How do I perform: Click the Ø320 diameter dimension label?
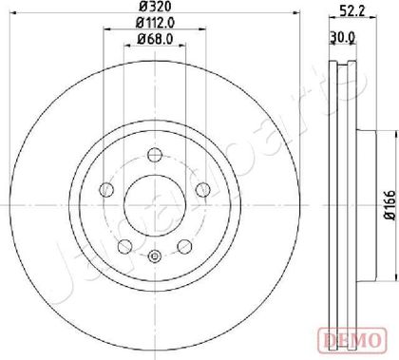[155, 6]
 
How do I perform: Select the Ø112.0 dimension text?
[155, 22]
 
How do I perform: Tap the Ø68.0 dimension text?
[155, 39]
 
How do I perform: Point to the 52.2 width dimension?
[353, 11]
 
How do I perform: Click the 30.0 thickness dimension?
[342, 37]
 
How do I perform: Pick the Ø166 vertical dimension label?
[390, 205]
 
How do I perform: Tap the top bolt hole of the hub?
[155, 155]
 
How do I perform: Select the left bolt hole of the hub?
[106, 190]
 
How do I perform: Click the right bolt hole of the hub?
[203, 190]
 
